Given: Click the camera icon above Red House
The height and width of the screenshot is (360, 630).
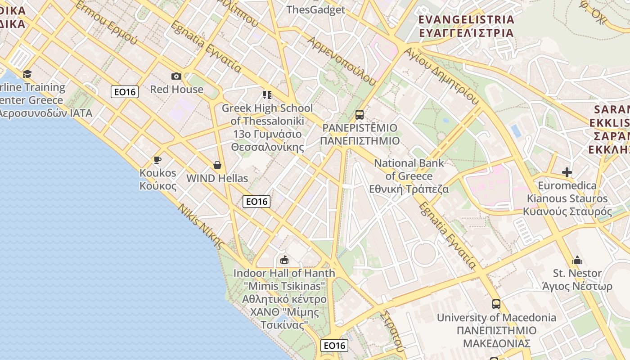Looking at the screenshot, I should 176,76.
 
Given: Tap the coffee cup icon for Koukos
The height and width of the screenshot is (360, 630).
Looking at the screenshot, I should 157,160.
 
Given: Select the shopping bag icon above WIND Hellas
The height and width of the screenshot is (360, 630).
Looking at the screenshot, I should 217,165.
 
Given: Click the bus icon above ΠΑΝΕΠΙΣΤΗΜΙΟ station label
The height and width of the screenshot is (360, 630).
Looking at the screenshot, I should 359,114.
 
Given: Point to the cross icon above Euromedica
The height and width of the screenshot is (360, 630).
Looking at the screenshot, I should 567,172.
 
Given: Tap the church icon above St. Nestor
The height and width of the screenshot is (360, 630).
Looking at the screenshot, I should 577,260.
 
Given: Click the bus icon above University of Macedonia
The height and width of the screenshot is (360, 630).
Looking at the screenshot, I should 496,304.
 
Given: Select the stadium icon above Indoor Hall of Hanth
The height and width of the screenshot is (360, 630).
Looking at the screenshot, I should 284,260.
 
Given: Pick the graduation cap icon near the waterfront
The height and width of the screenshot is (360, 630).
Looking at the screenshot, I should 27,74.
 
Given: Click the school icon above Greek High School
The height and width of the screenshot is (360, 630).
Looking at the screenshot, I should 267,94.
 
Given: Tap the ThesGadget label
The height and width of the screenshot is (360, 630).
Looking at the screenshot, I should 315,9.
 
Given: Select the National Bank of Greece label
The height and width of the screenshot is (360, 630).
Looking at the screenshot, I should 409,176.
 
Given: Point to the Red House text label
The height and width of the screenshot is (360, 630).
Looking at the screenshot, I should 176,89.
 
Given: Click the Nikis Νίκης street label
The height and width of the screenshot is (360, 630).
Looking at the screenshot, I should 201,227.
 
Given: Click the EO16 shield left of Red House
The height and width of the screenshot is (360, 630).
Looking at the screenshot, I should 125,92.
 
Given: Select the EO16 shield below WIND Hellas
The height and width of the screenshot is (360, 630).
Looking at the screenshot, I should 256,202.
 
